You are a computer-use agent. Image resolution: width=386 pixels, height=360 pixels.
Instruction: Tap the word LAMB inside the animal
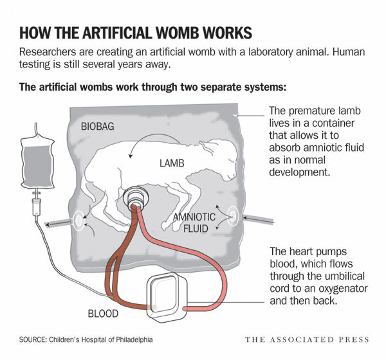[x=172, y=163]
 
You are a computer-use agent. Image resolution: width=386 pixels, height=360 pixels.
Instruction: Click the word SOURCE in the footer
[x=33, y=338]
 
